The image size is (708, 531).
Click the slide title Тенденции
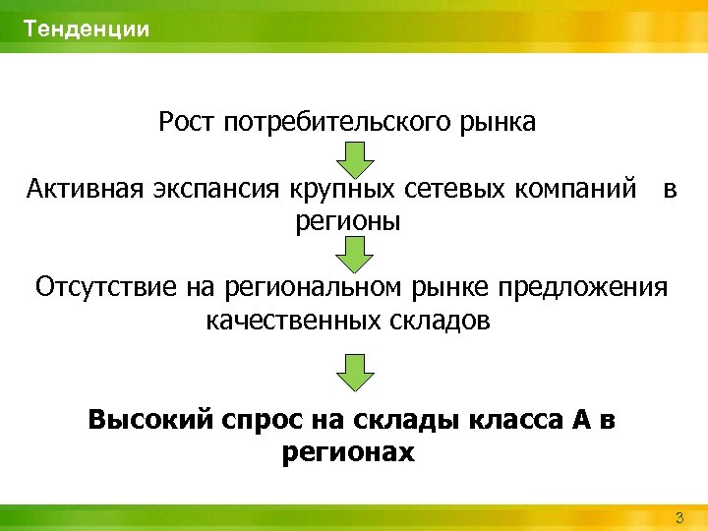point(88,29)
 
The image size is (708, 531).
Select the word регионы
point(348,221)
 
